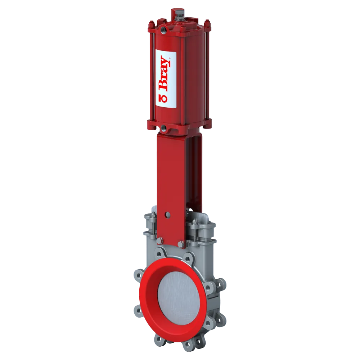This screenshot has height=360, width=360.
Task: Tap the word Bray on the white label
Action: click(164, 74)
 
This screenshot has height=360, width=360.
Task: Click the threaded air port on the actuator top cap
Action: click(166, 28)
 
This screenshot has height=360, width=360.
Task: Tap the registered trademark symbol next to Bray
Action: click(168, 58)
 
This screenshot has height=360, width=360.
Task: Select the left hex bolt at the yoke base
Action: click(160, 241)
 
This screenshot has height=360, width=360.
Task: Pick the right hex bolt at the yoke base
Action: click(181, 244)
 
